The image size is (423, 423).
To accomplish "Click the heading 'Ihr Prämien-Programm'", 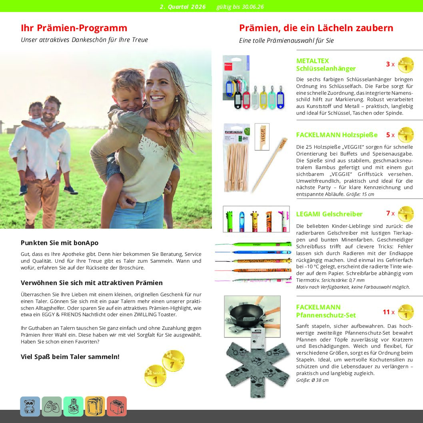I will (x=74, y=28).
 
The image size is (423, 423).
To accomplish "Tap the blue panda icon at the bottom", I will (x=30, y=406).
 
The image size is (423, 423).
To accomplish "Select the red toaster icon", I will (x=117, y=406).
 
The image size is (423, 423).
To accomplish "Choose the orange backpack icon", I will (x=95, y=406).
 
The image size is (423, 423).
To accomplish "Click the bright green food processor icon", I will (x=73, y=406).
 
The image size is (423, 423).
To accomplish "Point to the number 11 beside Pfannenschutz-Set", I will (x=386, y=312).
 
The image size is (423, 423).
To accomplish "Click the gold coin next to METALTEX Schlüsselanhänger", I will (x=406, y=65).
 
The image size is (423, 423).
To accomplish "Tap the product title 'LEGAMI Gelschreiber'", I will (x=329, y=214).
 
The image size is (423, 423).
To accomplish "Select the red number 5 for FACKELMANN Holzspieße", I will (x=388, y=135).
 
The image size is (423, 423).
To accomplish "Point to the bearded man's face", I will (x=51, y=112).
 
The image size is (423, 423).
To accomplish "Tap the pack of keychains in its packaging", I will (x=236, y=78).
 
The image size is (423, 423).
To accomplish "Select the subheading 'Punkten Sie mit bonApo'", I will (x=59, y=243).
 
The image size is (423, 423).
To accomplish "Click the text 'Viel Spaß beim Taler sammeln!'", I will (x=70, y=357).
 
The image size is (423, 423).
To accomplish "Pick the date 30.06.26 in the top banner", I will (x=251, y=7).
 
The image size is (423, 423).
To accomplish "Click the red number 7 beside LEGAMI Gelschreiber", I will (x=388, y=213).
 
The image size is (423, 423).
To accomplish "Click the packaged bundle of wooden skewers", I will (x=236, y=158).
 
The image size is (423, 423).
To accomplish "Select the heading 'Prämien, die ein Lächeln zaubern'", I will (x=316, y=28).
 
